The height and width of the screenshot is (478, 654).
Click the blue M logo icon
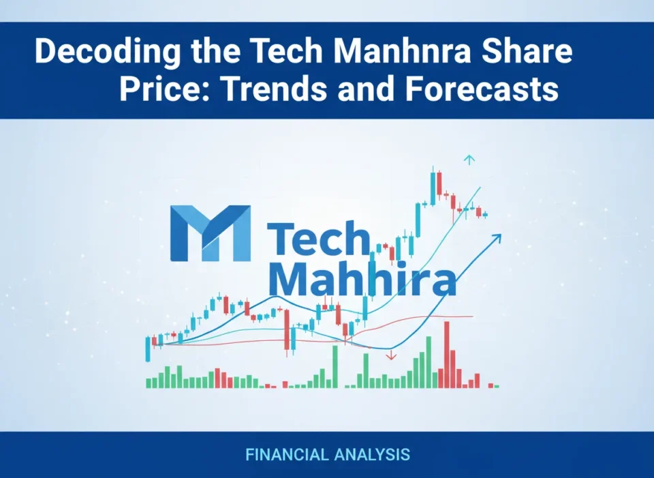[210, 234]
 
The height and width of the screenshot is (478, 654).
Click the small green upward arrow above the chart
[469, 160]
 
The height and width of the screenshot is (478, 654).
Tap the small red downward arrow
[391, 355]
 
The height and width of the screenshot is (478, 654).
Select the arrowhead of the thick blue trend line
[497, 238]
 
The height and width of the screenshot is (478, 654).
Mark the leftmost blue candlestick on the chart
[148, 348]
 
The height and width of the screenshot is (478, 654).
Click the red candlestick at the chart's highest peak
[439, 185]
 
